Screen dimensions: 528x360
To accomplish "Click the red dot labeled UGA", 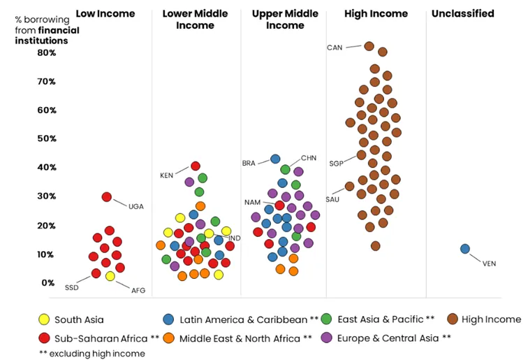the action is click(x=107, y=197).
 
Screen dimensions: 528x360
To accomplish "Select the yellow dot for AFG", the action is click(x=110, y=276).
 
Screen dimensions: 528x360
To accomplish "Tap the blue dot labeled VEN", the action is click(x=465, y=249).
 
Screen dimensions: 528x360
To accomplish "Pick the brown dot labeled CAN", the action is click(x=369, y=46).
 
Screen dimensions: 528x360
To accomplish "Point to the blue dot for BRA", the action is click(x=275, y=159).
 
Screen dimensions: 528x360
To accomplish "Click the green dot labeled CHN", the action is click(x=285, y=169).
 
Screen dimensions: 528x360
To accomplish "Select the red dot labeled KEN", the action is click(x=196, y=166).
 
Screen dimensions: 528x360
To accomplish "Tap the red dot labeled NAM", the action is click(x=279, y=205).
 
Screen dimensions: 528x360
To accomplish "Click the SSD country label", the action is click(x=72, y=287).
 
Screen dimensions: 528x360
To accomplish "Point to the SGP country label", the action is click(x=336, y=164).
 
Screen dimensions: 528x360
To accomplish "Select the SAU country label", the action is click(x=332, y=199).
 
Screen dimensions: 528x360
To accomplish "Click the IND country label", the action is click(x=235, y=238).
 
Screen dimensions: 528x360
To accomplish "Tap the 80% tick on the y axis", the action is click(x=47, y=52).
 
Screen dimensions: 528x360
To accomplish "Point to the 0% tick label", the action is click(x=48, y=282).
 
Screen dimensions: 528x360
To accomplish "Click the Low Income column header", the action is click(x=105, y=13).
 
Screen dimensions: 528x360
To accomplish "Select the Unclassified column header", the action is click(x=463, y=13).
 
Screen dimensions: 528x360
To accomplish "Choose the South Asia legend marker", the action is click(x=44, y=319).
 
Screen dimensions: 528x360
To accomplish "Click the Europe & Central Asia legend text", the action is click(x=388, y=338).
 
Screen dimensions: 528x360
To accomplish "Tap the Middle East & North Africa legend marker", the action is click(x=168, y=338).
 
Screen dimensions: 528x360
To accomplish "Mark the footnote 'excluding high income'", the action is click(x=97, y=354).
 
